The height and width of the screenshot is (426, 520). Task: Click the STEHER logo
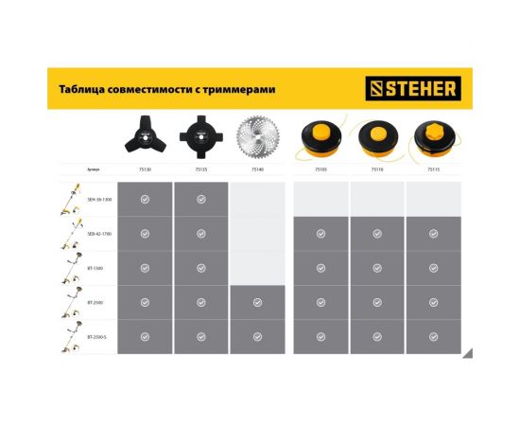[411, 89]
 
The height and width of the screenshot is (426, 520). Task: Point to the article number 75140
[257, 170]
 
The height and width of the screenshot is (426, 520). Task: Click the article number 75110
[377, 170]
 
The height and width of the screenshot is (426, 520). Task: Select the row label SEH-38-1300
[99, 200]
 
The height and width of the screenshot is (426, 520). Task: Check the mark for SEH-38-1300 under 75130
[145, 200]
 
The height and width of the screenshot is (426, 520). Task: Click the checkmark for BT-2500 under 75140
[257, 302]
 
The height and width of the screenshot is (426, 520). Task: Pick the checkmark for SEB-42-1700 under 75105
[321, 234]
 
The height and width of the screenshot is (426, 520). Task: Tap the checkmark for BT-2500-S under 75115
[433, 337]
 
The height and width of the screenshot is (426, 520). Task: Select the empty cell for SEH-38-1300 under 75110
[377, 200]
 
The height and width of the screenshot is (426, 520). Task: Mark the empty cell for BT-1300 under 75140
[257, 268]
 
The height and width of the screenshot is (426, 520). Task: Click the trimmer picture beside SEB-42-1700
[69, 234]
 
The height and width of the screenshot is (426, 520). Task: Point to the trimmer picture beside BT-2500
[69, 302]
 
